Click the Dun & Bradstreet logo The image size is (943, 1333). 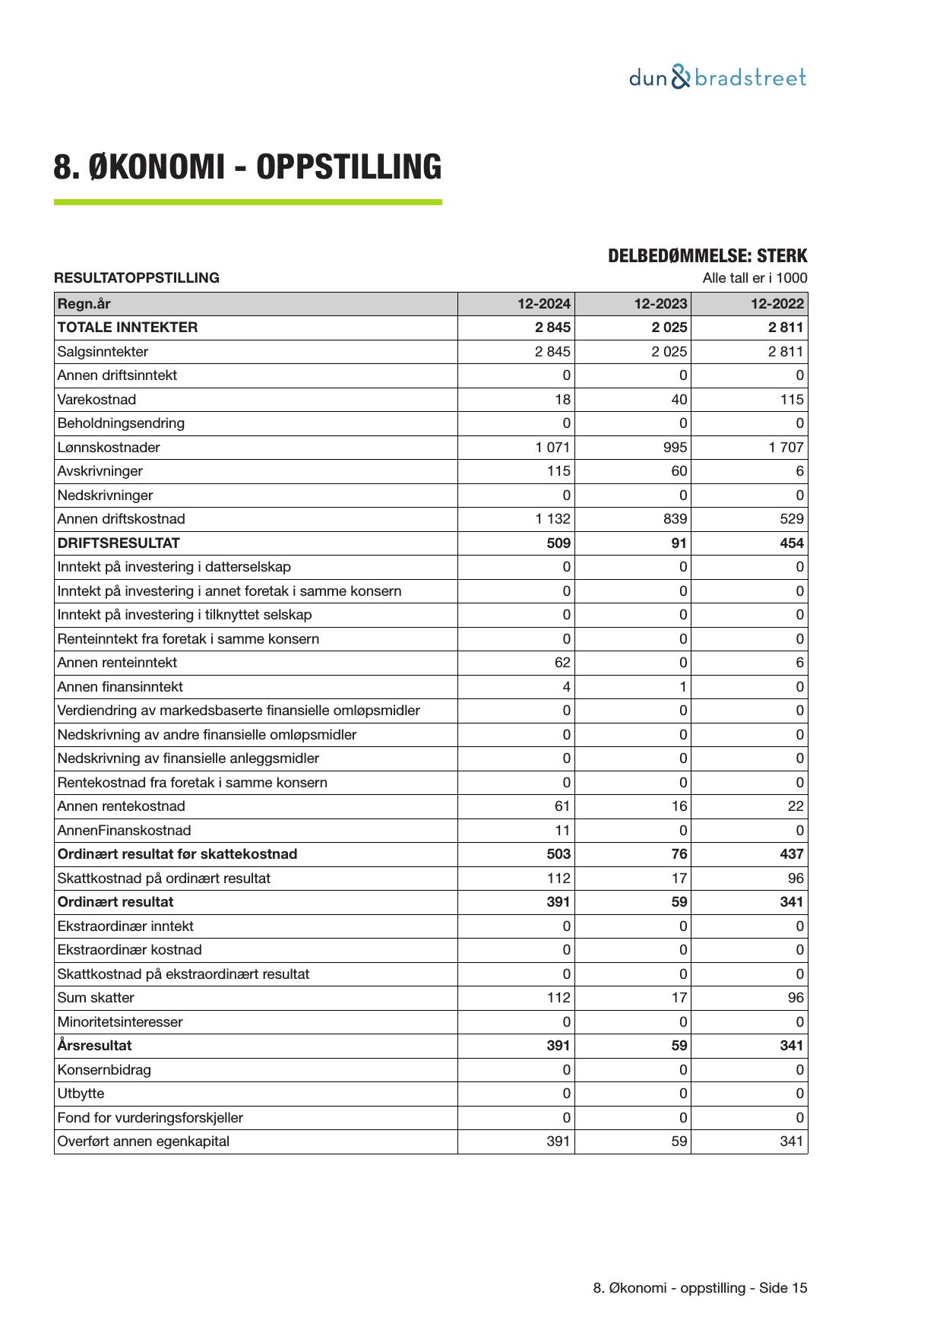[717, 78]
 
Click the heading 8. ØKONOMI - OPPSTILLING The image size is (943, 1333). [247, 167]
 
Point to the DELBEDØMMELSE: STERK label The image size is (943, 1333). [707, 256]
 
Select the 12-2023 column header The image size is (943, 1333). [660, 304]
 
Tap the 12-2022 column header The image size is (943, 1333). [777, 304]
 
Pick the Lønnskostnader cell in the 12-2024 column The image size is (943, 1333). [552, 448]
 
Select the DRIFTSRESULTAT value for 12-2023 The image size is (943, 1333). [679, 543]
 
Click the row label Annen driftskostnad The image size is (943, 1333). [121, 519]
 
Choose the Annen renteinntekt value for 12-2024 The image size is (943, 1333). [562, 663]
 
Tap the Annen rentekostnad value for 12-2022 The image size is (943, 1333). [795, 806]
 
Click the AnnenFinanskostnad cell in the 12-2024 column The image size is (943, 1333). [562, 831]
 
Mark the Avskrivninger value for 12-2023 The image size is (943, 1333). [679, 471]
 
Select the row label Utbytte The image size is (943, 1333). [81, 1094]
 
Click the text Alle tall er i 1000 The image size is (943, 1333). [755, 278]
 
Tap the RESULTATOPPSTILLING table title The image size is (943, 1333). [137, 278]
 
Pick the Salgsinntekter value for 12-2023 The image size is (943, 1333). [669, 352]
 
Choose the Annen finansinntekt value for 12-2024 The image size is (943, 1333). [566, 687]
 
